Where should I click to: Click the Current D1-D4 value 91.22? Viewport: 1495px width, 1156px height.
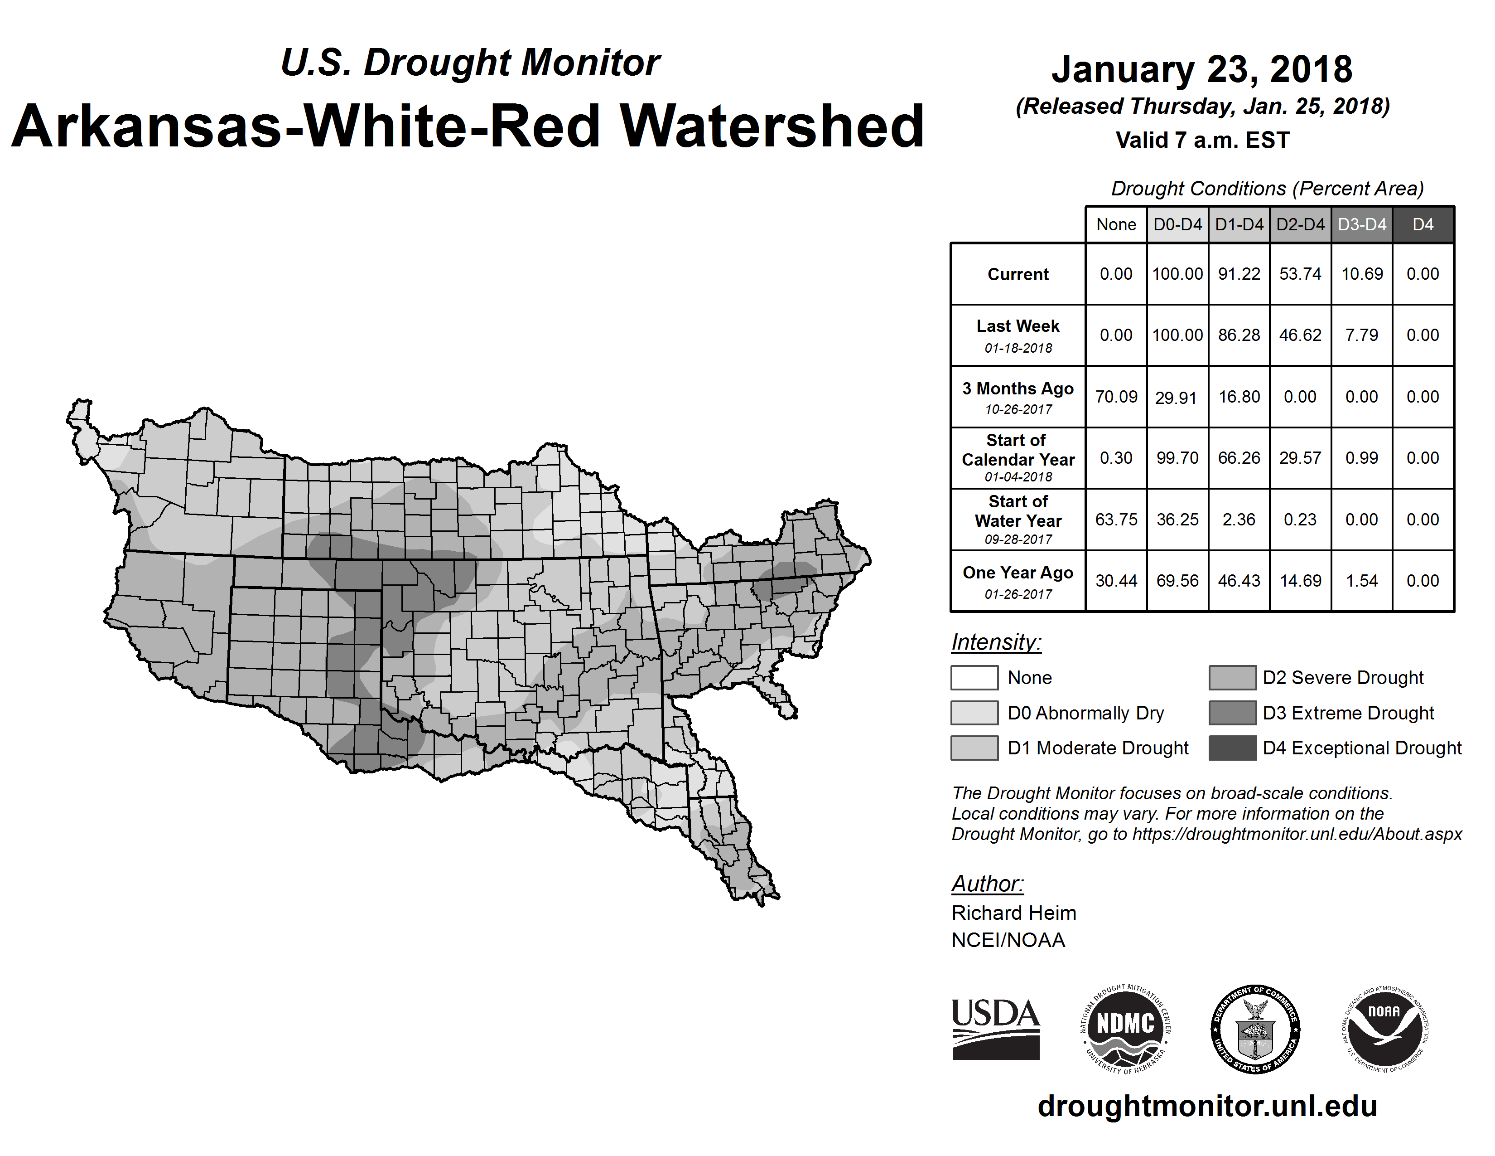click(1239, 274)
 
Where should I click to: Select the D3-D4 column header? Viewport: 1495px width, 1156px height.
click(1361, 224)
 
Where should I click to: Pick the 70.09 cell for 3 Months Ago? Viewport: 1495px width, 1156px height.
click(1116, 397)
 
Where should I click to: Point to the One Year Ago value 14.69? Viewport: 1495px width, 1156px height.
click(1300, 581)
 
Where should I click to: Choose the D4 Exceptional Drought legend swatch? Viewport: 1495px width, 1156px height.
click(1232, 748)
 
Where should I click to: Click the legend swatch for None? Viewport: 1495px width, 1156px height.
click(974, 677)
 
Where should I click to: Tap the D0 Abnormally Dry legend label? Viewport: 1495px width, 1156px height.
click(1085, 713)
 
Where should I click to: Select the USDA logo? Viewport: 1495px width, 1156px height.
click(995, 1029)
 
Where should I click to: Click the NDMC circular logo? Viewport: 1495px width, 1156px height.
click(1125, 1029)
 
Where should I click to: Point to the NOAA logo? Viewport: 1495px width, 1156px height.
click(1384, 1029)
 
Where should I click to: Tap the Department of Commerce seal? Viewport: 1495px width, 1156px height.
click(1255, 1029)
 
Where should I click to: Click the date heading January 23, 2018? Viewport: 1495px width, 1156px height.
click(1202, 69)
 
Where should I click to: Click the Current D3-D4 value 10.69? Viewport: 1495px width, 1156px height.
click(1361, 274)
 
